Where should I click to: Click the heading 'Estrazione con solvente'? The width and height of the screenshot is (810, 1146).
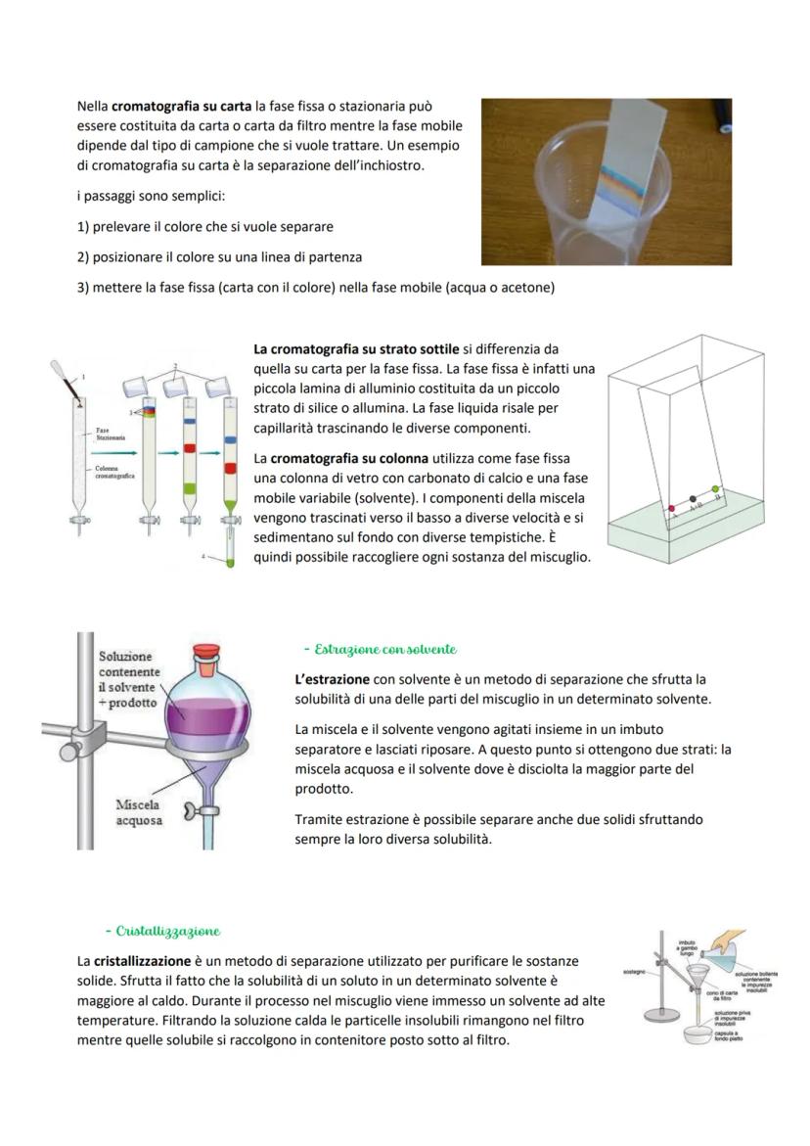(380, 650)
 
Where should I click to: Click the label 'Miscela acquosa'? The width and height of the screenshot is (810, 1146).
(138, 812)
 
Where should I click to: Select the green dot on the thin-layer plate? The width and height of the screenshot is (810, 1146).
(715, 489)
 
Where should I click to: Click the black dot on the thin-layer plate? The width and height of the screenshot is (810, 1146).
(693, 499)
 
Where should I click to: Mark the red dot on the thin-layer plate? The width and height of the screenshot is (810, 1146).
(671, 509)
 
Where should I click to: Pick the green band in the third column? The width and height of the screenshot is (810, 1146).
(189, 486)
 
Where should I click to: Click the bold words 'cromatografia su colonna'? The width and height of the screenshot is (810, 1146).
(349, 458)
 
